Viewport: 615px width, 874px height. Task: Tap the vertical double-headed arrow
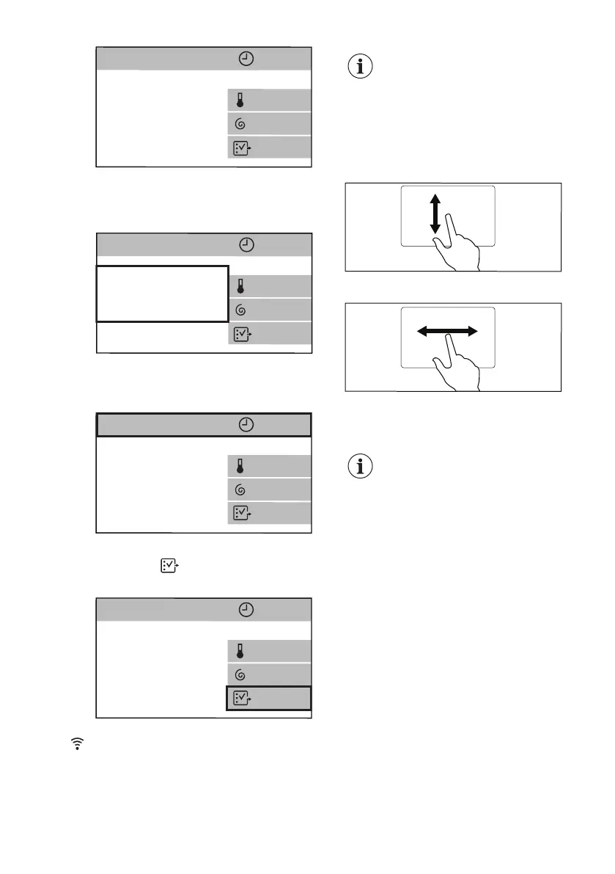pos(435,214)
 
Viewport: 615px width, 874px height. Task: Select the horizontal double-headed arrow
pos(447,332)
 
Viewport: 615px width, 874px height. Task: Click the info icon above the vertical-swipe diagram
pos(360,68)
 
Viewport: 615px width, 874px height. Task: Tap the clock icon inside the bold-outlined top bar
pos(247,426)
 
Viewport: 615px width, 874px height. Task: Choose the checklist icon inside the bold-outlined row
pos(240,699)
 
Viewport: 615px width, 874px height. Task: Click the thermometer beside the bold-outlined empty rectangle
pos(240,285)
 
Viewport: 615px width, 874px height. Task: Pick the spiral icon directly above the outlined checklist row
pos(240,674)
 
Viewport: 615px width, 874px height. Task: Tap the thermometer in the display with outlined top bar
pos(240,466)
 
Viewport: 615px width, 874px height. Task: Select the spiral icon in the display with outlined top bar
pos(240,489)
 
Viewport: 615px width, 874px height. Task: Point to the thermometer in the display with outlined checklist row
pos(240,651)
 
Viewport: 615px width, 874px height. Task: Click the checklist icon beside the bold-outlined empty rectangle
pos(240,333)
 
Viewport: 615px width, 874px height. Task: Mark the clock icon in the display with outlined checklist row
pos(247,610)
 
